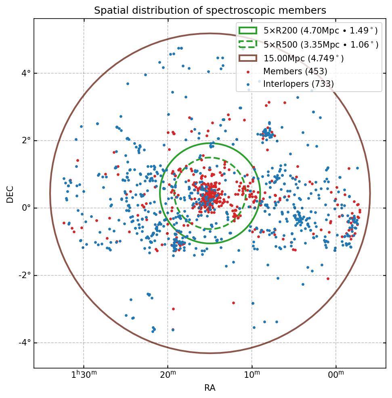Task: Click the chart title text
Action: (x=210, y=10)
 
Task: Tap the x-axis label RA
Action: (x=210, y=388)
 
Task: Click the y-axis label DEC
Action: (x=10, y=194)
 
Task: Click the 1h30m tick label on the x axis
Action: (x=84, y=375)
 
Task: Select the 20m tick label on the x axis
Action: (x=168, y=375)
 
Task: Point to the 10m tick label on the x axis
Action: (x=252, y=375)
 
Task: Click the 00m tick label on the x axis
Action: (x=336, y=375)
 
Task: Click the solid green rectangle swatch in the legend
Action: (x=247, y=31)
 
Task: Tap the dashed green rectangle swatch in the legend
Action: (x=247, y=44)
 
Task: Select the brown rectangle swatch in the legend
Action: (x=247, y=58)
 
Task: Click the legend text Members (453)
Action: (x=295, y=71)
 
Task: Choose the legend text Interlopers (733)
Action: (x=298, y=84)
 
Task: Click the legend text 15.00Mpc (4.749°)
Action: (x=304, y=58)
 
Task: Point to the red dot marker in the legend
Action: (x=248, y=72)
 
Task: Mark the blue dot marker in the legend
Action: (x=248, y=84)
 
